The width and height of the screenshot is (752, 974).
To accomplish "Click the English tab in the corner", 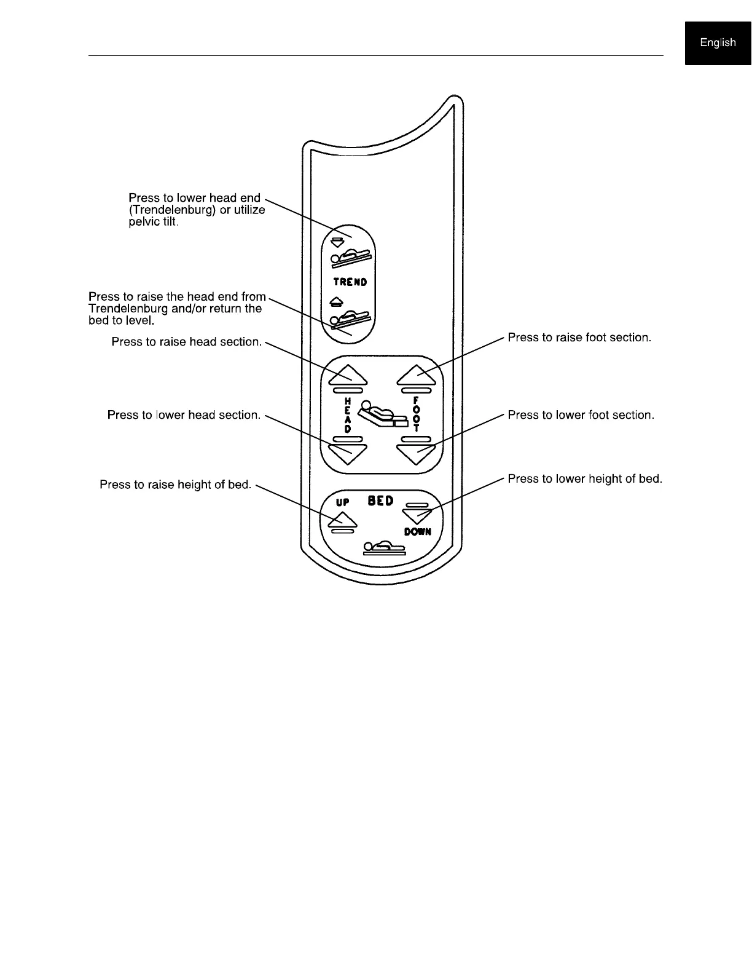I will click(718, 42).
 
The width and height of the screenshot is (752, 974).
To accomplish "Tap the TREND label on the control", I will click(350, 282).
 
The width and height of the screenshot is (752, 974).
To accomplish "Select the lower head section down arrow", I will click(348, 453).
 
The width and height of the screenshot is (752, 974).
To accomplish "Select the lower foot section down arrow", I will click(417, 453).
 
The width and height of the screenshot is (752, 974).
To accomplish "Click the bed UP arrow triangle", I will click(342, 520).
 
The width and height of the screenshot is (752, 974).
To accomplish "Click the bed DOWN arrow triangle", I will click(417, 514).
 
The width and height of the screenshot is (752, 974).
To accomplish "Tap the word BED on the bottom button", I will click(380, 501).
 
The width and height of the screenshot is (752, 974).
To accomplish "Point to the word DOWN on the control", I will click(417, 531).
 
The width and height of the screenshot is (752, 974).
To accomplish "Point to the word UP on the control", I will click(342, 502).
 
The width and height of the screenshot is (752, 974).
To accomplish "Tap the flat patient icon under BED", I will click(384, 547).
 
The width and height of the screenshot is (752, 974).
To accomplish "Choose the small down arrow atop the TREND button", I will click(337, 242).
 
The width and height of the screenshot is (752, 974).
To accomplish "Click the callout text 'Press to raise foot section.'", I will click(579, 338).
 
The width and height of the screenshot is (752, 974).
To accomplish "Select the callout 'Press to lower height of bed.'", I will click(584, 478).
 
